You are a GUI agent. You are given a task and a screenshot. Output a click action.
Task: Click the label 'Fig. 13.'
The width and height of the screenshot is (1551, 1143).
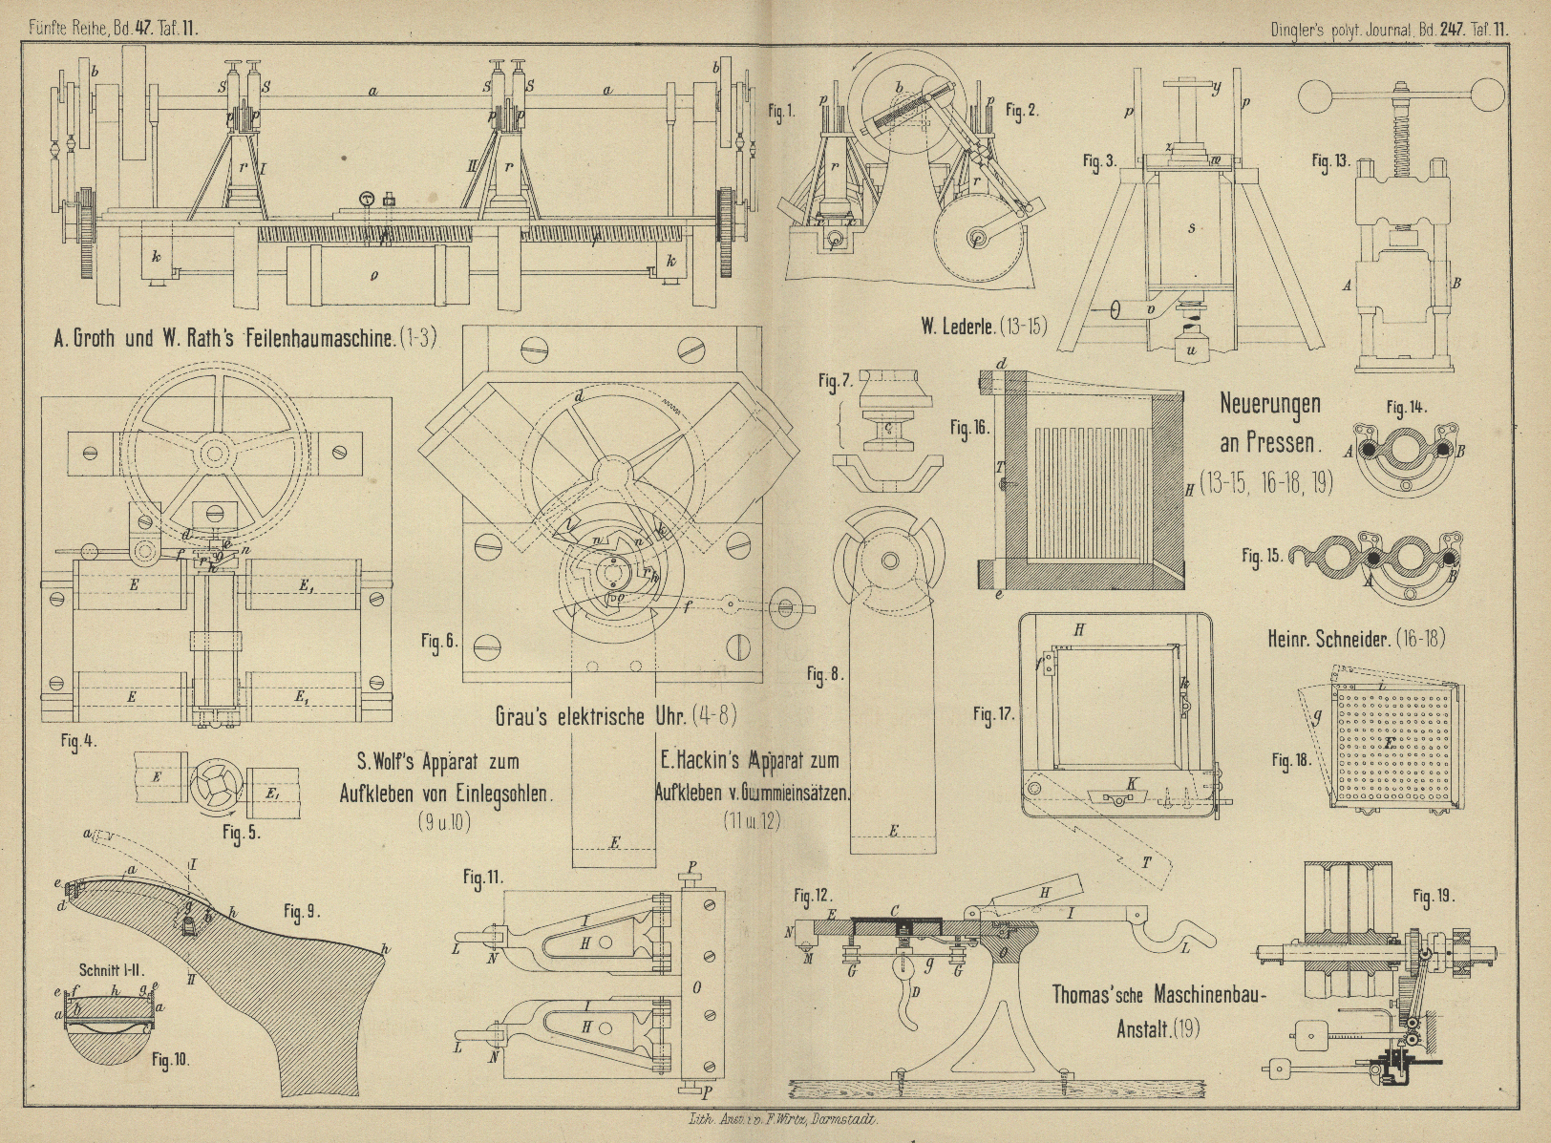click(x=1329, y=160)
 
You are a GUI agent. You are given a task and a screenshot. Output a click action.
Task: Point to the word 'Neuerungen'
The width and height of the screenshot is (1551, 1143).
click(x=1270, y=403)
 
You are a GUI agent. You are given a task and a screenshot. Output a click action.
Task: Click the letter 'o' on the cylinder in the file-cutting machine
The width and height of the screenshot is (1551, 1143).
click(x=372, y=275)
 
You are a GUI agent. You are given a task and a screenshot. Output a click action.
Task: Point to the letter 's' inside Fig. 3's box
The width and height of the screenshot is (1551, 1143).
click(x=1192, y=228)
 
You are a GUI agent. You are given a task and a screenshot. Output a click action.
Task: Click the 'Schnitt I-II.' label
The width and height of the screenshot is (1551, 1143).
click(x=103, y=950)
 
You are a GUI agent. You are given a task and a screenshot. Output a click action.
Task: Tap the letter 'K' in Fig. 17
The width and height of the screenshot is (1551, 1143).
click(x=1132, y=782)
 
